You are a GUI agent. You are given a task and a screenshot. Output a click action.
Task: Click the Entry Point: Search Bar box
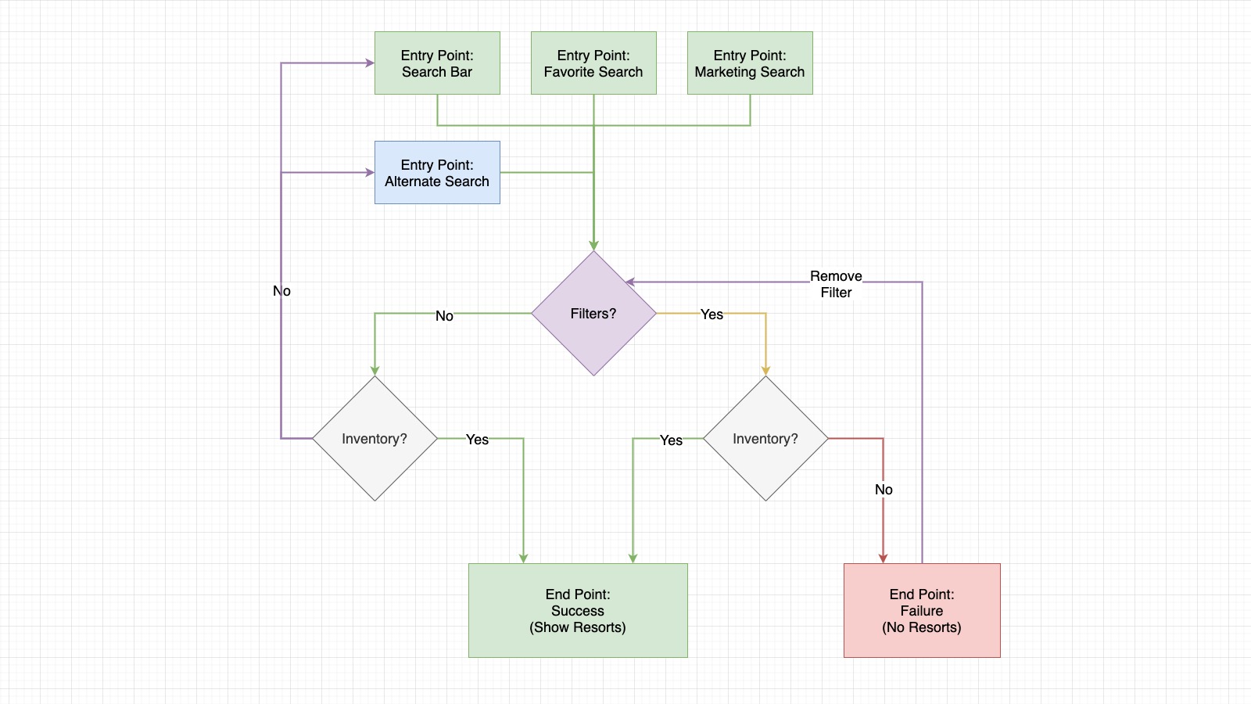437,63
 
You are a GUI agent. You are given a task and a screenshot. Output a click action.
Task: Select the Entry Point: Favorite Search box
593,63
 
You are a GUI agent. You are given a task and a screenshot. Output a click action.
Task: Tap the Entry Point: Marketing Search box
750,63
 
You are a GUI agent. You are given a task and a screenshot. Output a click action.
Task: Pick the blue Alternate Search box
437,173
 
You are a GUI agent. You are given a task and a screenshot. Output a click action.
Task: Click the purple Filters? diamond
593,314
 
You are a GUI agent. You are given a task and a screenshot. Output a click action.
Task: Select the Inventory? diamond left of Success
375,439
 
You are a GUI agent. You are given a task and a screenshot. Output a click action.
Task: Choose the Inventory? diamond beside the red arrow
765,439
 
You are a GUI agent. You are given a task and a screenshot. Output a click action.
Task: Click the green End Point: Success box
578,611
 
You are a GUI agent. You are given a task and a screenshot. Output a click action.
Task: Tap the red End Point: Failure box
922,611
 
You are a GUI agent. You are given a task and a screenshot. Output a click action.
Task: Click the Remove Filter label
836,284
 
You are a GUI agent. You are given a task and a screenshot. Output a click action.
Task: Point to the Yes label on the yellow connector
712,314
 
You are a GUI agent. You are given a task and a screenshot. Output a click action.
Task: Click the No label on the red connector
884,490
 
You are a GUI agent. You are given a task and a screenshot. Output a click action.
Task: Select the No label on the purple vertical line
281,291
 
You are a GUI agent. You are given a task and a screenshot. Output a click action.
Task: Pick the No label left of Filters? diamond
444,316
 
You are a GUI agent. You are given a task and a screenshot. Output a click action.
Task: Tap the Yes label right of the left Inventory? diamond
477,440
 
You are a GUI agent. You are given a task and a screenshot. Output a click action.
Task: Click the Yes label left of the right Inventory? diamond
671,440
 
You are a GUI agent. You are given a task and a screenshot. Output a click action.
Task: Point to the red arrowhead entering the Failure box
883,558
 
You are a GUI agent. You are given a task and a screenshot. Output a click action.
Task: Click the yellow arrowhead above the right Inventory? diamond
765,370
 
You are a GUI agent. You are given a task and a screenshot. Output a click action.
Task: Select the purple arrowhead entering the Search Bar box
369,63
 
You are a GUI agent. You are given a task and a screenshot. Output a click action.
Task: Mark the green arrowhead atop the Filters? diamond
593,245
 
